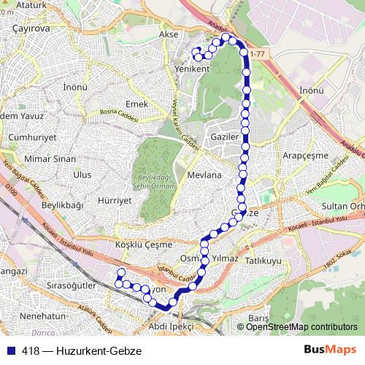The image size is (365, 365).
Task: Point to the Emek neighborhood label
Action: pos(137,104)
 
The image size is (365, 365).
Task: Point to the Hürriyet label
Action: pos(113,199)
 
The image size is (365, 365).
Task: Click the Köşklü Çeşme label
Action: pos(143,245)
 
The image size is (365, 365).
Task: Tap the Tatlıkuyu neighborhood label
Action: pos(264,260)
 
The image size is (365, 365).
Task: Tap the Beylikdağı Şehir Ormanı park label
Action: pos(155,181)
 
